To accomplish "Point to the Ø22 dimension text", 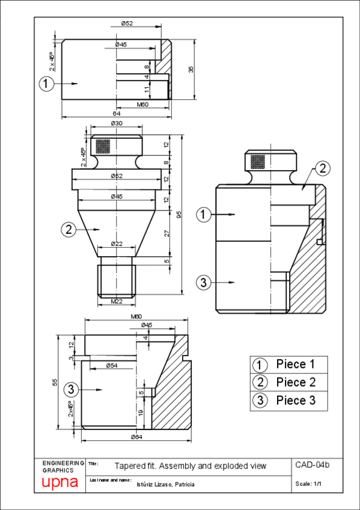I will [x=117, y=244].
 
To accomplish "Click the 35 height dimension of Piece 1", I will [x=191, y=69].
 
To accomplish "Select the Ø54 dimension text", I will [x=111, y=365].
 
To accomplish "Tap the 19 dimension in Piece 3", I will [x=142, y=413].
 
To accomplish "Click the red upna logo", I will [x=60, y=482].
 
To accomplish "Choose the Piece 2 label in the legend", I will [x=295, y=382].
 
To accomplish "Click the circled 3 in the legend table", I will [x=260, y=401].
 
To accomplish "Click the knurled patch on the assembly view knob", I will [x=258, y=162].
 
